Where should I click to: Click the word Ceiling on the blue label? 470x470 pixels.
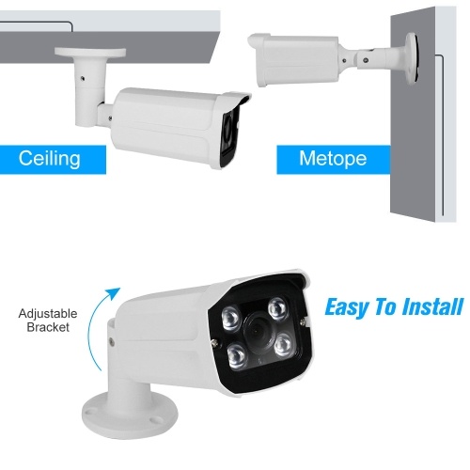(49, 159)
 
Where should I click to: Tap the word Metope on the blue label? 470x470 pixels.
(333, 159)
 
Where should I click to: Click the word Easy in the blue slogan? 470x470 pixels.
(347, 308)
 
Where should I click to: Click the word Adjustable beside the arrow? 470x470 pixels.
(48, 314)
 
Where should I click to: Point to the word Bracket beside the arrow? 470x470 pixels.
(48, 327)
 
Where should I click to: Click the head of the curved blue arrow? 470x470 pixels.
(114, 293)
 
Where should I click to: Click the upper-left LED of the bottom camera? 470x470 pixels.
(231, 317)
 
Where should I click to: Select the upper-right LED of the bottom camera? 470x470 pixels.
(277, 308)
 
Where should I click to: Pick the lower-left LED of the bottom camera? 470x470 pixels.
(237, 355)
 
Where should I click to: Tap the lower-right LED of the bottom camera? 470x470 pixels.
(284, 345)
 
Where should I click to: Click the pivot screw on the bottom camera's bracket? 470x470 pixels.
(111, 342)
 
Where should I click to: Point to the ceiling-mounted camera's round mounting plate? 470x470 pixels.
(90, 52)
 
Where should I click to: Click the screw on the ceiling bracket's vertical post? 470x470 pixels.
(82, 78)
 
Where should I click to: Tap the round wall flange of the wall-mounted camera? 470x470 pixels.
(412, 58)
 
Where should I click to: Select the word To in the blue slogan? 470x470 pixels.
(386, 306)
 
